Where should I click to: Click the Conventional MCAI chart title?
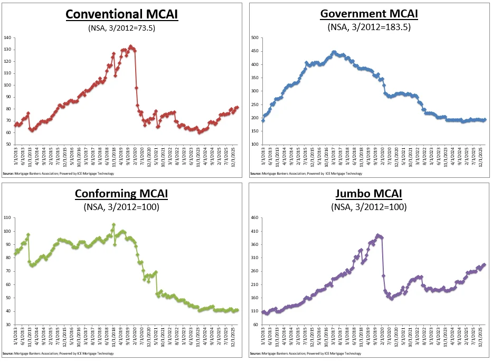click(122, 14)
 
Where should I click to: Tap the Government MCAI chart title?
click(369, 14)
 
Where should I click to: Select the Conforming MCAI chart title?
click(122, 193)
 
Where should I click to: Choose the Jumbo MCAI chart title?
click(369, 193)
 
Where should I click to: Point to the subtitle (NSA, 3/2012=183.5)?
click(369, 27)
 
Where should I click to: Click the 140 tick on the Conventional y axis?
click(7, 38)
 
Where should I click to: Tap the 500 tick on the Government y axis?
click(254, 38)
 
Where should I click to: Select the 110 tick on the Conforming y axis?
click(7, 217)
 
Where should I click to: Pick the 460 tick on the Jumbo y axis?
click(254, 217)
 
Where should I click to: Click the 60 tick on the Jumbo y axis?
click(256, 325)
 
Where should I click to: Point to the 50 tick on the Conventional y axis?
click(8, 145)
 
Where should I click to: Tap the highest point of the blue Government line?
click(334, 52)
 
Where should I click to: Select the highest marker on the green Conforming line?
click(113, 225)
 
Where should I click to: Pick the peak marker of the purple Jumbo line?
click(377, 235)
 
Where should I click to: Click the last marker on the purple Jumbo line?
click(484, 265)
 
